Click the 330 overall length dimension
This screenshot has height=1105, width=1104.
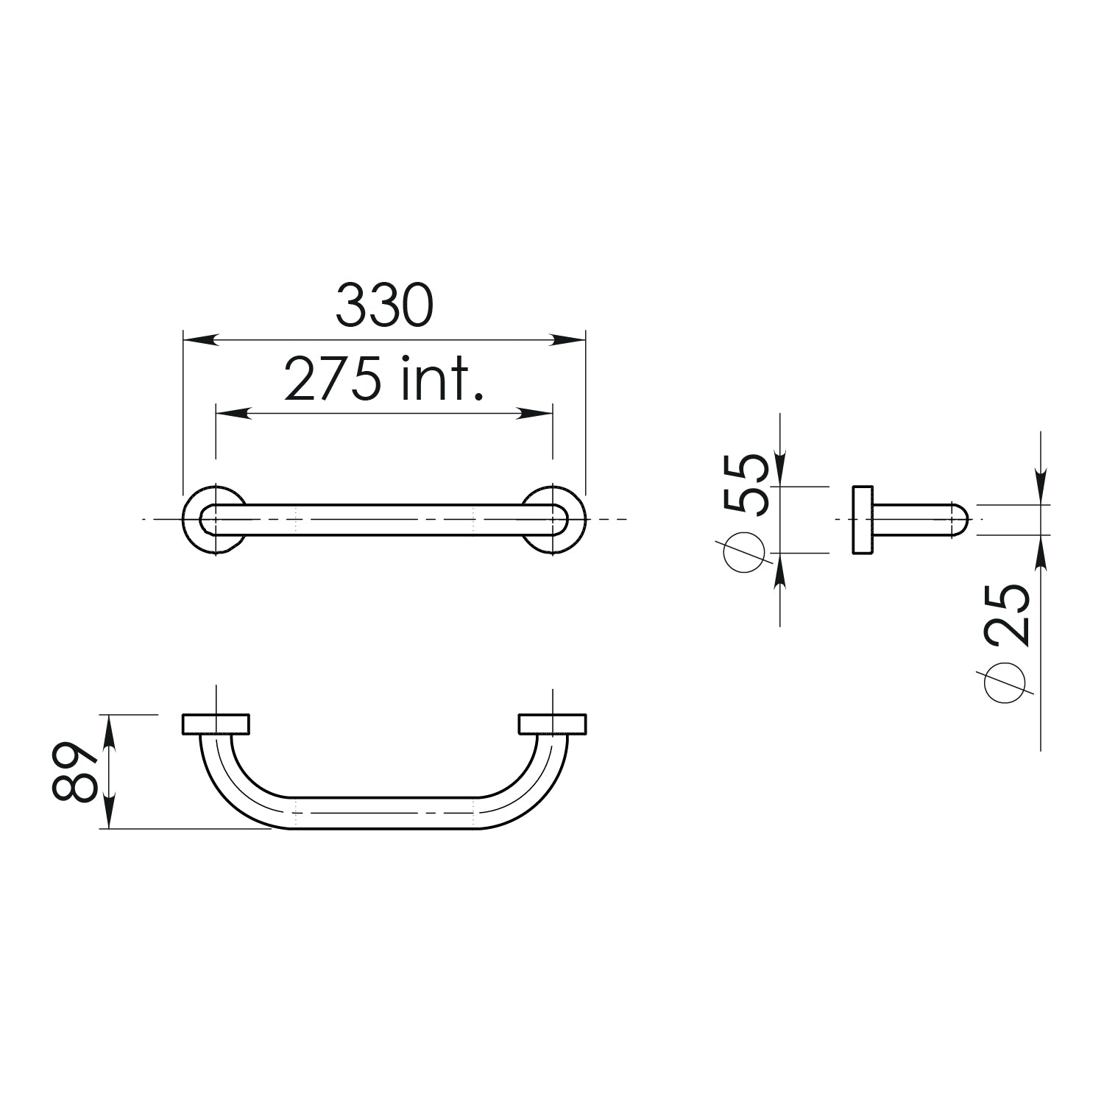pyautogui.click(x=384, y=306)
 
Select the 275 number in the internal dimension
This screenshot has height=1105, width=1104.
pyautogui.click(x=333, y=380)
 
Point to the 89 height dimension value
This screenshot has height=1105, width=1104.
pyautogui.click(x=75, y=771)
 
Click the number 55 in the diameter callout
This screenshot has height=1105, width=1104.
pyautogui.click(x=746, y=484)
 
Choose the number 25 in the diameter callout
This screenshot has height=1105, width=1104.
pyautogui.click(x=1008, y=615)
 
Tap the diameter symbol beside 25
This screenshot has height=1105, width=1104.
pyautogui.click(x=1008, y=681)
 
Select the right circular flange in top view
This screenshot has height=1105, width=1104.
pyautogui.click(x=576, y=520)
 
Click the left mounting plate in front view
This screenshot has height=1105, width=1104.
pyautogui.click(x=216, y=724)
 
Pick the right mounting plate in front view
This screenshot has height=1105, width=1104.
pyautogui.click(x=552, y=724)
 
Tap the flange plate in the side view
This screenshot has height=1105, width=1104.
pyautogui.click(x=863, y=520)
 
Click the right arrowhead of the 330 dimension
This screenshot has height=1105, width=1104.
pyautogui.click(x=568, y=340)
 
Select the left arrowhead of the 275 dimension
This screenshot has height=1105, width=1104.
pyautogui.click(x=233, y=414)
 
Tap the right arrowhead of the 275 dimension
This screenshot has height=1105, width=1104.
pyautogui.click(x=535, y=414)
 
